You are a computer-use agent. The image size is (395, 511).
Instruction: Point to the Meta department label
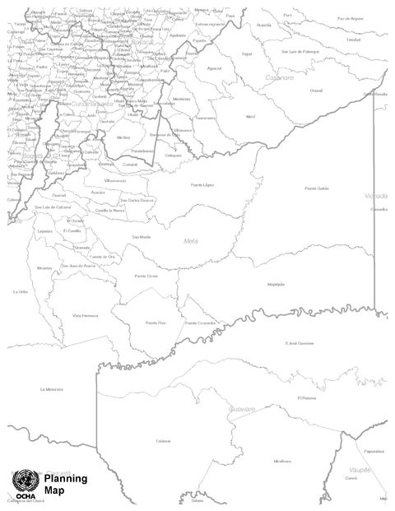[191, 240]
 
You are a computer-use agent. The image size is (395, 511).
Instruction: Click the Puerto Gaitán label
[317, 188]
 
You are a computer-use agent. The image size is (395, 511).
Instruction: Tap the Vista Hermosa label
[85, 315]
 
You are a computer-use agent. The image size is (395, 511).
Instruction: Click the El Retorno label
[307, 397]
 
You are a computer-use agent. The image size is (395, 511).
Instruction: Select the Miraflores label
[281, 461]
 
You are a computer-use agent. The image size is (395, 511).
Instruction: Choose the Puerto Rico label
[156, 323]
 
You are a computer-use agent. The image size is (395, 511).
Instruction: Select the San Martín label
[141, 236]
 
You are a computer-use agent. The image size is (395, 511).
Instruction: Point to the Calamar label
[163, 440]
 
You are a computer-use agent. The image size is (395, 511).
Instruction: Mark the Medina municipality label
[123, 137]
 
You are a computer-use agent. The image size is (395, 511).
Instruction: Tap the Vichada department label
[375, 196]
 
